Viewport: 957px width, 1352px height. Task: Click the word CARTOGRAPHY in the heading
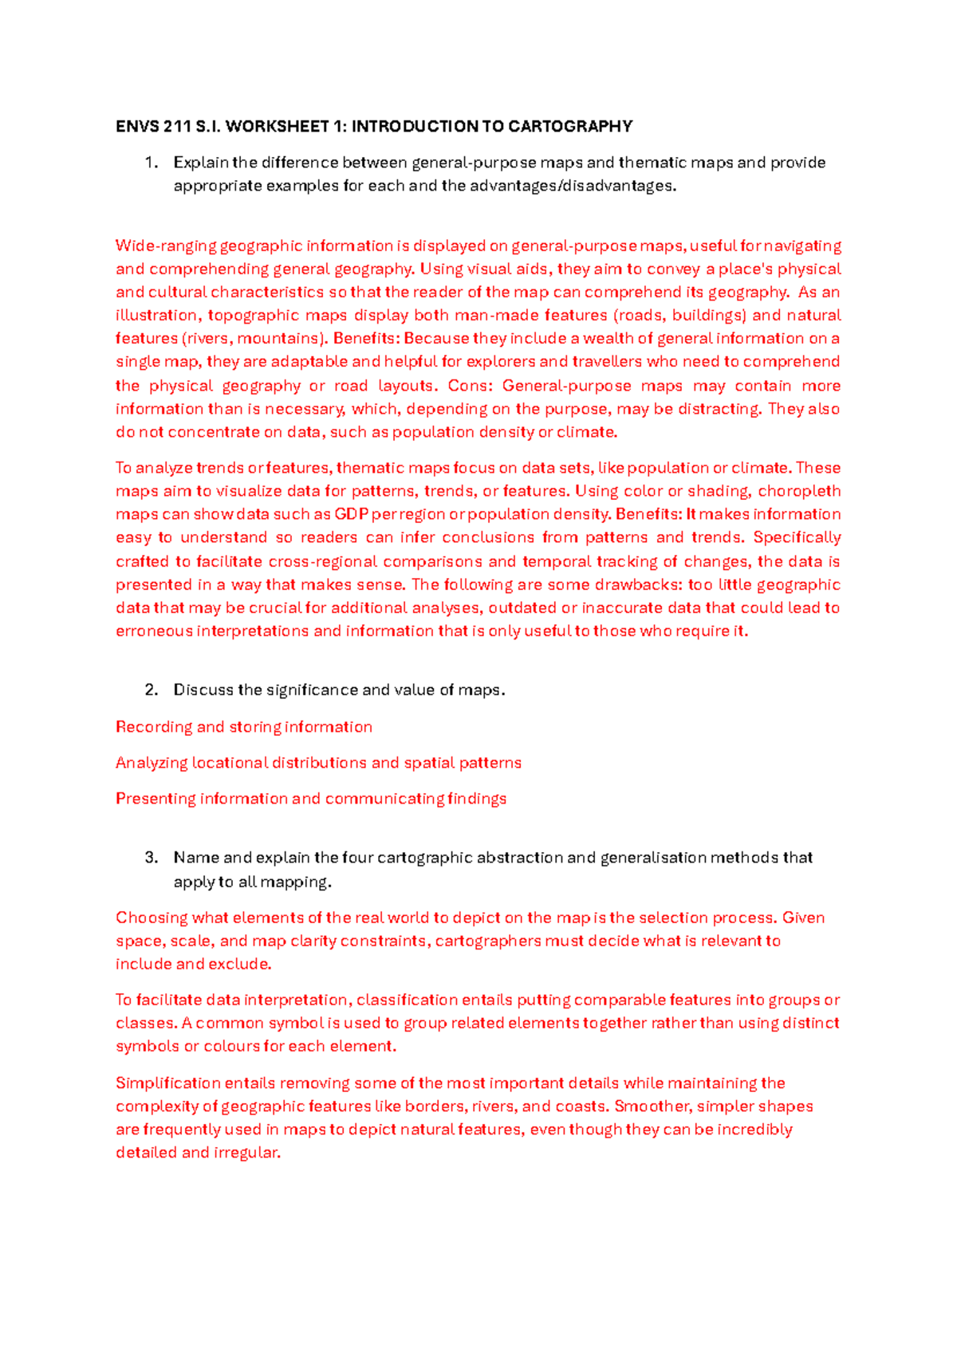570,126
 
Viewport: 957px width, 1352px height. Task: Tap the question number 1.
151,163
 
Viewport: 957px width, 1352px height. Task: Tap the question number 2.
151,690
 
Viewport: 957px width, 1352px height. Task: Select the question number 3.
151,858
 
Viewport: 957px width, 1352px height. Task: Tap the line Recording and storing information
244,727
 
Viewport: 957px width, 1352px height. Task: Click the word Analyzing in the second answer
152,763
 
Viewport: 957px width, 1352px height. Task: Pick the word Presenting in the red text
156,799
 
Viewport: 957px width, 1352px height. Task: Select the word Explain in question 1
201,163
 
